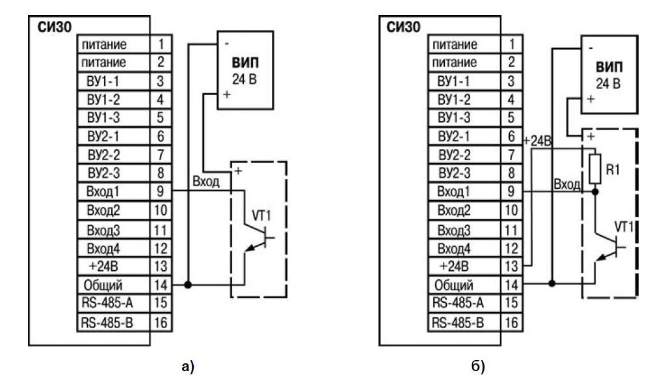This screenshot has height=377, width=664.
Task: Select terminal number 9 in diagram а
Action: (x=161, y=192)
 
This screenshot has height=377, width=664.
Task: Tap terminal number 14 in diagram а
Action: (x=161, y=285)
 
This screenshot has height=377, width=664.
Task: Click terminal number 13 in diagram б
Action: (x=511, y=266)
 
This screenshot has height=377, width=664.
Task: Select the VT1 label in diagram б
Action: (x=626, y=226)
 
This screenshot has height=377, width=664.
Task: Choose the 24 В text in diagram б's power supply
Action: (x=608, y=84)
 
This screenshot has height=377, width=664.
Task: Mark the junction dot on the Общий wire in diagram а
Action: (x=188, y=285)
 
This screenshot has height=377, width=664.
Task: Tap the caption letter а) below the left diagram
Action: (x=187, y=367)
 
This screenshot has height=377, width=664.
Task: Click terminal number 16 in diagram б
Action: (x=511, y=322)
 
